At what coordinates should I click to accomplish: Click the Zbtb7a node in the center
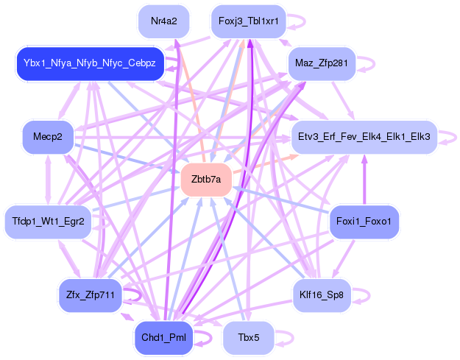[x=206, y=179]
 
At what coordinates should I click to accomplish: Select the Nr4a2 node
[x=163, y=21]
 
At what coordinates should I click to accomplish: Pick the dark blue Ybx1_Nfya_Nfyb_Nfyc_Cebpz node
[x=89, y=63]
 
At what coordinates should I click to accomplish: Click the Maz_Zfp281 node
[x=321, y=63]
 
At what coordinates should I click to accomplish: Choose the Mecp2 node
[x=48, y=137]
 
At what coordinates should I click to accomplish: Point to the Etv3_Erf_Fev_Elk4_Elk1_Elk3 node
[x=364, y=137]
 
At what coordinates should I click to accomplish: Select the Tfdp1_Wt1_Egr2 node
[x=48, y=221]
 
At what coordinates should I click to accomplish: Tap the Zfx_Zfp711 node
[x=89, y=295]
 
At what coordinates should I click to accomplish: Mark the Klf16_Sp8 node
[x=321, y=295]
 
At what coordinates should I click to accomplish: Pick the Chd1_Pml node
[x=163, y=338]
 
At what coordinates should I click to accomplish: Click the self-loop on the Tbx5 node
[x=288, y=338]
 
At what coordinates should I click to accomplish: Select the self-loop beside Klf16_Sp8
[x=363, y=295]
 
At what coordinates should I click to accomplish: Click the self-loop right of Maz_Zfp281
[x=364, y=63]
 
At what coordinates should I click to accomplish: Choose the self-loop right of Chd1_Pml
[x=206, y=338]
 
